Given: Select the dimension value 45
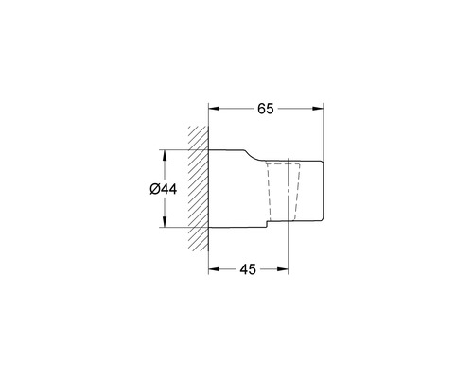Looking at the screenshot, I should (x=248, y=270).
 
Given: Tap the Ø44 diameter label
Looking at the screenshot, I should (x=164, y=189).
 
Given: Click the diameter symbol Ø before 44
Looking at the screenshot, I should (x=154, y=189).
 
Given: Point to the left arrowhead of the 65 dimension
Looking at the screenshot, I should (x=213, y=109).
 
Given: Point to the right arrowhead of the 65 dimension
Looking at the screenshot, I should (x=319, y=109).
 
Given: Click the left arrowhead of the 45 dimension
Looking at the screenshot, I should (x=213, y=270).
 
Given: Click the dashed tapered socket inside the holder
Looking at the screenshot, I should (x=277, y=189).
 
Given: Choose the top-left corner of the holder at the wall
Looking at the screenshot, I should (x=208, y=149).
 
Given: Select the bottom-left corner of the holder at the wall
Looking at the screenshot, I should (x=208, y=229).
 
